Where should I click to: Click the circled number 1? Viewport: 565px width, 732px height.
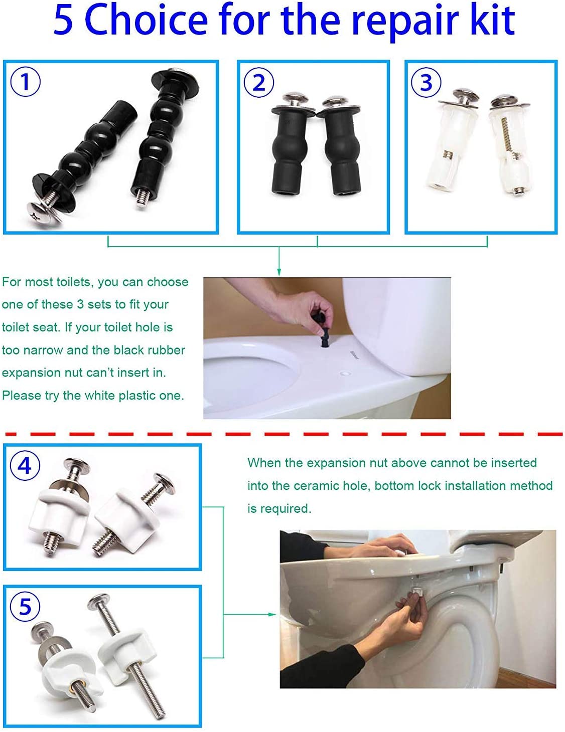(25, 82)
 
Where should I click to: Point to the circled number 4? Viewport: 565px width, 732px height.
(25, 466)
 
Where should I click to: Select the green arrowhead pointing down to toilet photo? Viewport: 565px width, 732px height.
(279, 272)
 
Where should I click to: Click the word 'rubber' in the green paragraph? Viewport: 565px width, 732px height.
(164, 350)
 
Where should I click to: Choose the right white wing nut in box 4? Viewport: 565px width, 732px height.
(120, 521)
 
